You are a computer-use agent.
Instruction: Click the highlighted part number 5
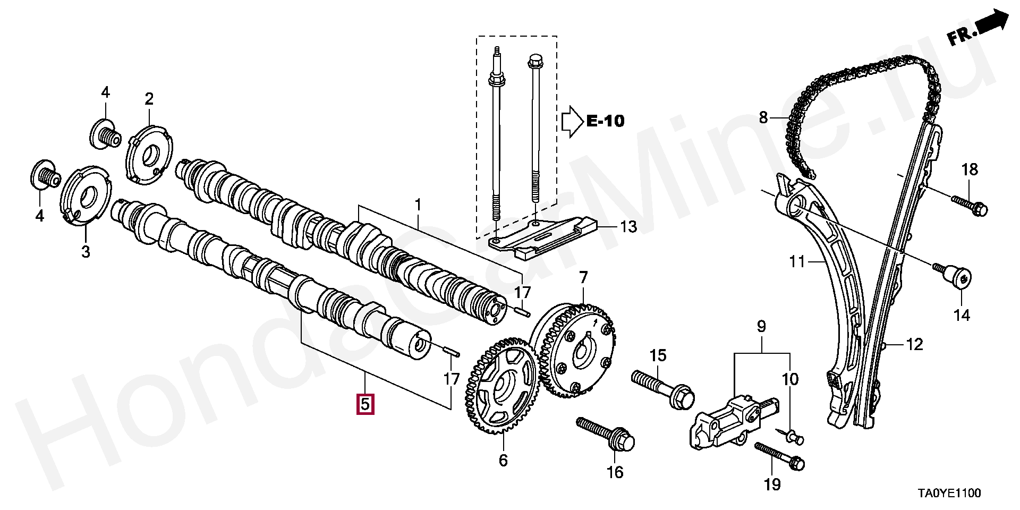365,404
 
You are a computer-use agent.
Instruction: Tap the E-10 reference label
605,121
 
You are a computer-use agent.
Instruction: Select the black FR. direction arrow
992,25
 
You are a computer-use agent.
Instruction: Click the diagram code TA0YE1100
950,494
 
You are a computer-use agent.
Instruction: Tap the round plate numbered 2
150,155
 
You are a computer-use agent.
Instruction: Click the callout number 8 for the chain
763,117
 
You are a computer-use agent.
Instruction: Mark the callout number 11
797,261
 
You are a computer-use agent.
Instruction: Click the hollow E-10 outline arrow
572,121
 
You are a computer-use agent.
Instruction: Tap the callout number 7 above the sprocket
583,278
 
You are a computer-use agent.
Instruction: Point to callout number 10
789,379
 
